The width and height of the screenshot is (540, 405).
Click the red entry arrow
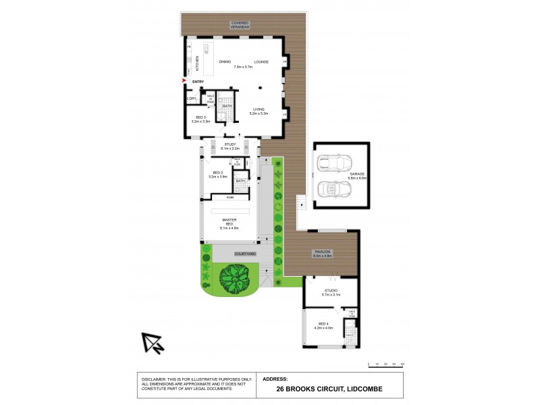tap(184, 82)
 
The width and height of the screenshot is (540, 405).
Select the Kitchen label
tap(197, 63)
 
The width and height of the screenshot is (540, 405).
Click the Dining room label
tap(225, 62)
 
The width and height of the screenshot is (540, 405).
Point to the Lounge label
tap(261, 62)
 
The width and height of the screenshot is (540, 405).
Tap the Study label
tap(230, 144)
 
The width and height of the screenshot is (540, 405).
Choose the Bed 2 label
tap(218, 173)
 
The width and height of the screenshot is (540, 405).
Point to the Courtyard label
tap(244, 253)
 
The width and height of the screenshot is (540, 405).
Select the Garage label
tap(358, 174)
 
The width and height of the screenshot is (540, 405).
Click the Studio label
tap(331, 291)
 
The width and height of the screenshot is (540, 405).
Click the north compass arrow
tap(153, 344)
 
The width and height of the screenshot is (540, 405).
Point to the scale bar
tap(386, 364)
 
